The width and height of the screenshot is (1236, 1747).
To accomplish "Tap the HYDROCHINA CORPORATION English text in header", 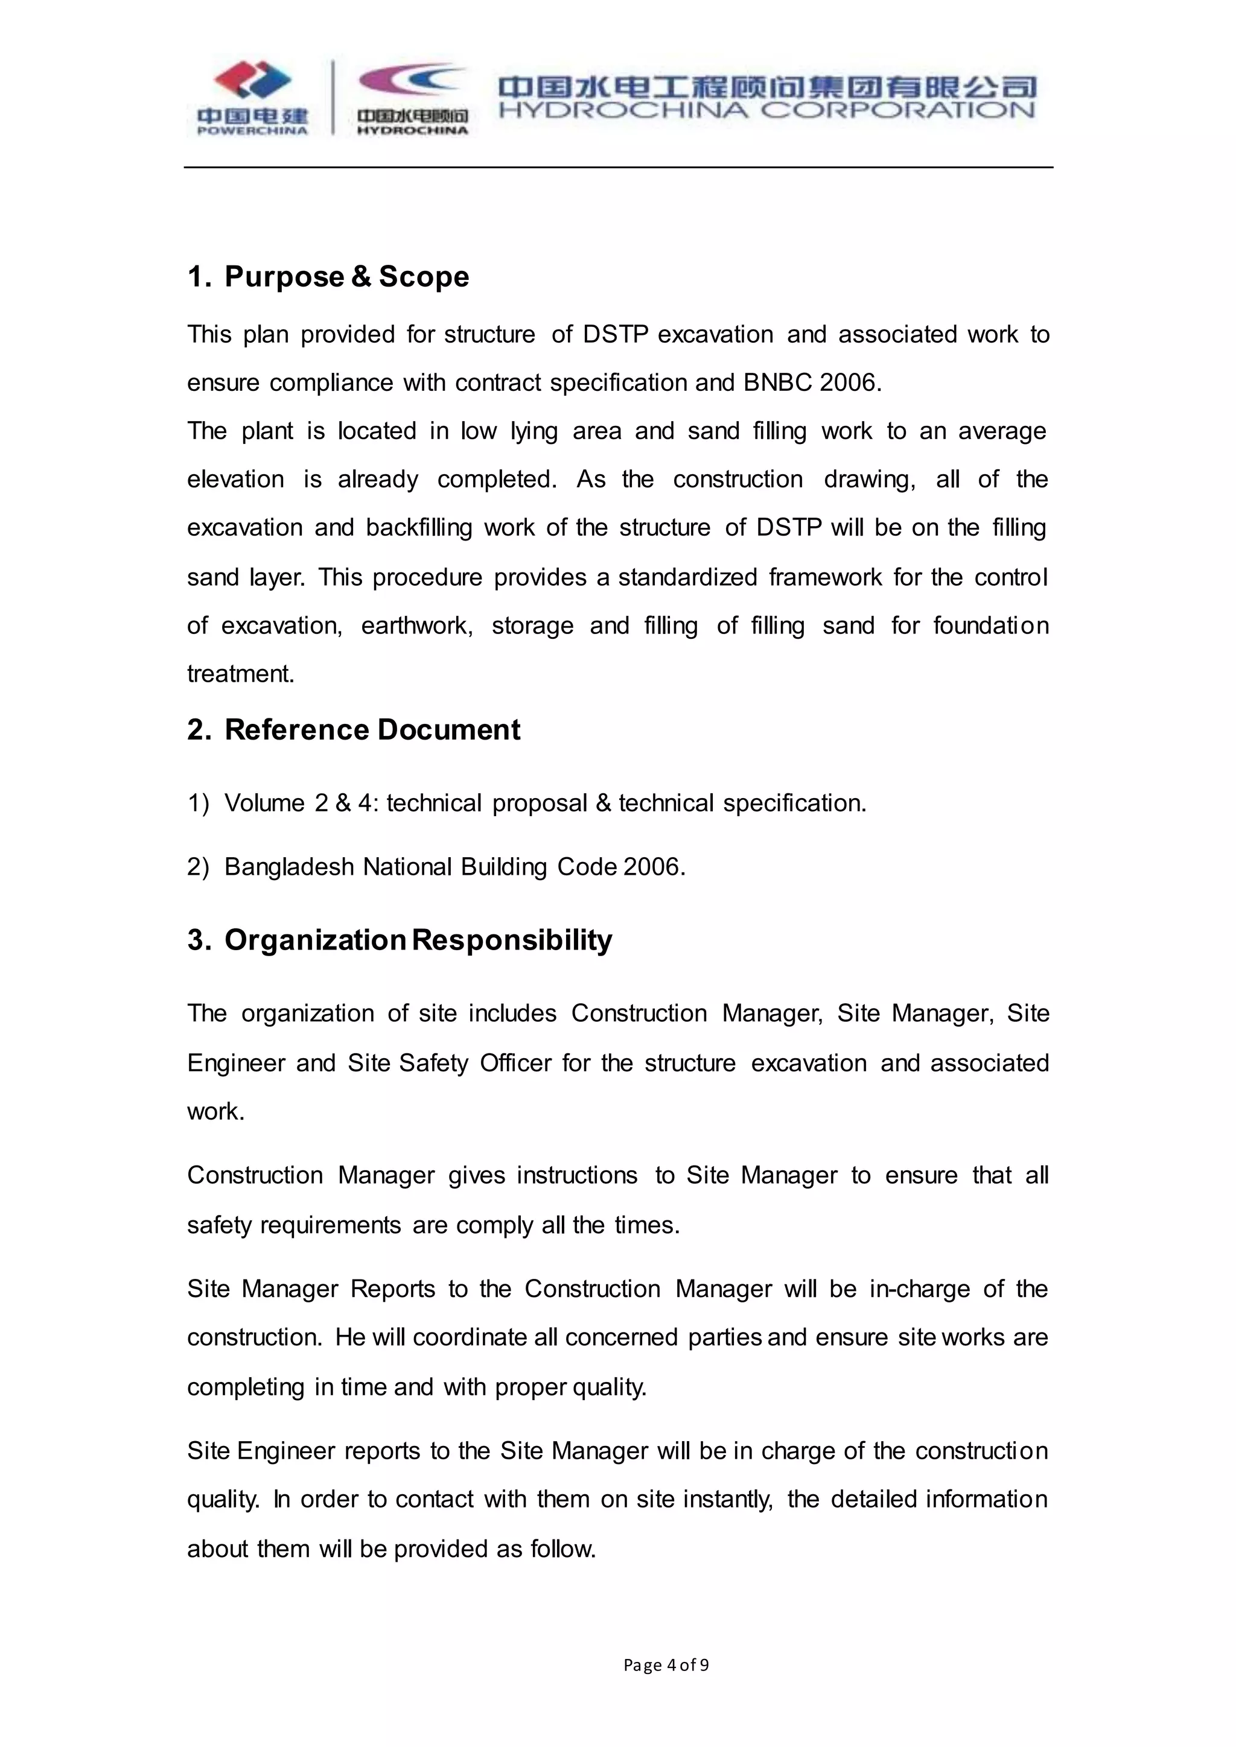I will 766,111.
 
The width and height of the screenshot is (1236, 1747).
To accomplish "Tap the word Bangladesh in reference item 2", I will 289,867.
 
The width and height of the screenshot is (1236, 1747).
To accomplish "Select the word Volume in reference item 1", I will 264,804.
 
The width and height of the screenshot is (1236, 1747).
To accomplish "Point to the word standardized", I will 687,577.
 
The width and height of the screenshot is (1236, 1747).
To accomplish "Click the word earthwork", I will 416,626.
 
